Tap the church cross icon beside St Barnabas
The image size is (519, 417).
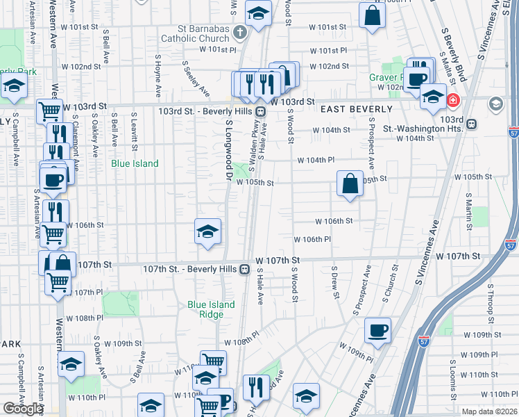[239, 32]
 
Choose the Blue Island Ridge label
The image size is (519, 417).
[211, 309]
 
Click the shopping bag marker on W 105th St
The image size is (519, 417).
[350, 184]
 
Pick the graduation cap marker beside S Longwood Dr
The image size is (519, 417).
[207, 233]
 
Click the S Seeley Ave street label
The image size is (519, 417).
[196, 77]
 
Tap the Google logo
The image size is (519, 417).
[23, 409]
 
